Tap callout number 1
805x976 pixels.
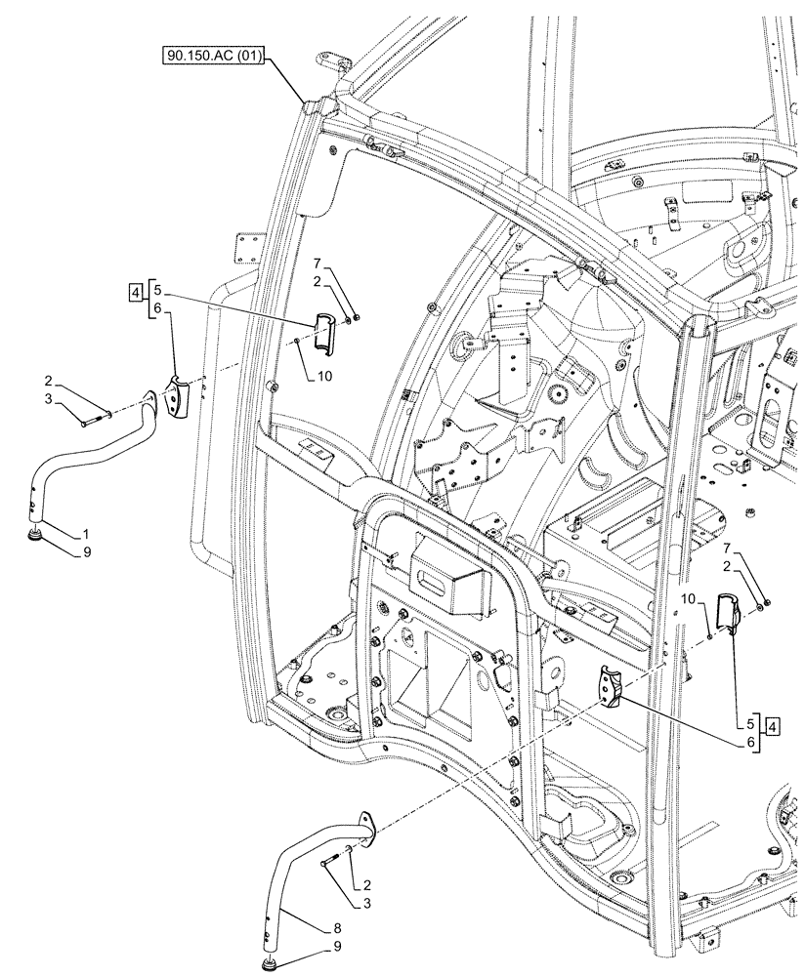pos(86,535)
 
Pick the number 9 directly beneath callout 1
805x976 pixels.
pos(86,551)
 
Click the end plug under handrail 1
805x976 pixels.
pos(37,536)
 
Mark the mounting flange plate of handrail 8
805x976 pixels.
pos(366,825)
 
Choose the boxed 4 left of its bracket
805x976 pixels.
pos(133,290)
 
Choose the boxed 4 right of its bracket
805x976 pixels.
pos(772,725)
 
